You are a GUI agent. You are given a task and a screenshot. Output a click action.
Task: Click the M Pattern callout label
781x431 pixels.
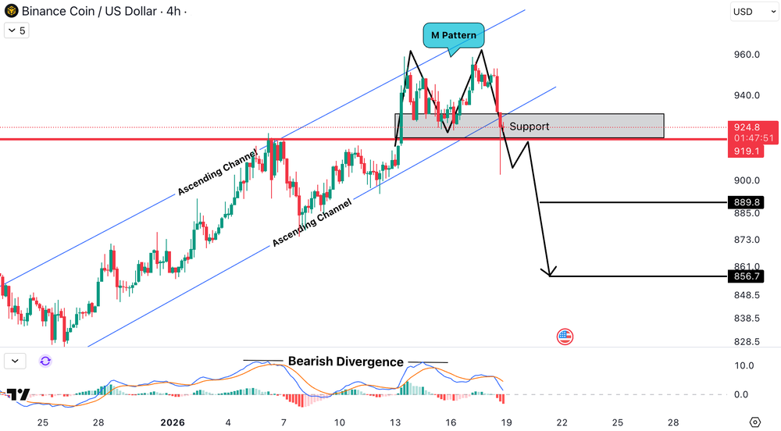[454, 35]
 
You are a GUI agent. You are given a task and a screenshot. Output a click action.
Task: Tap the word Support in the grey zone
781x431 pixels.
[529, 126]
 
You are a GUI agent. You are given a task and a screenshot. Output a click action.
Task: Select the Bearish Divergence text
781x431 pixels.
[345, 362]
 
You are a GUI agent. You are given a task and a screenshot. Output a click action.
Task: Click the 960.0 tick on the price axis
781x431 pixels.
[747, 55]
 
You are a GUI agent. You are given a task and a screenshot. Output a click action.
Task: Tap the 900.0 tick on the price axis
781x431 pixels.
[747, 180]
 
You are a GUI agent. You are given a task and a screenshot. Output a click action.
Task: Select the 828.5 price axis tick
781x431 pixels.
[747, 342]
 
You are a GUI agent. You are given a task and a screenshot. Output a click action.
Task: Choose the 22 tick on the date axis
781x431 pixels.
[562, 422]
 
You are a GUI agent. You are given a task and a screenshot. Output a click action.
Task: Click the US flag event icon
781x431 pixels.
[565, 337]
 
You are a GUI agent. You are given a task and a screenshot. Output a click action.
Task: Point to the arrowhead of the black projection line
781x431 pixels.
[551, 275]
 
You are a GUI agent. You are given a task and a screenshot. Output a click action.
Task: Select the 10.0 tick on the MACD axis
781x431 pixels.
[744, 365]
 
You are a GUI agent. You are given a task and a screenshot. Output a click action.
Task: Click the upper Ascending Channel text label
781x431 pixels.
[217, 172]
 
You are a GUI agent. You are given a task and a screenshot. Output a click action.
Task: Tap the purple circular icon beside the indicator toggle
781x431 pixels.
[45, 361]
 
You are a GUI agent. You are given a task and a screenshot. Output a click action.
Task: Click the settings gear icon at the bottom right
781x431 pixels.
[755, 422]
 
